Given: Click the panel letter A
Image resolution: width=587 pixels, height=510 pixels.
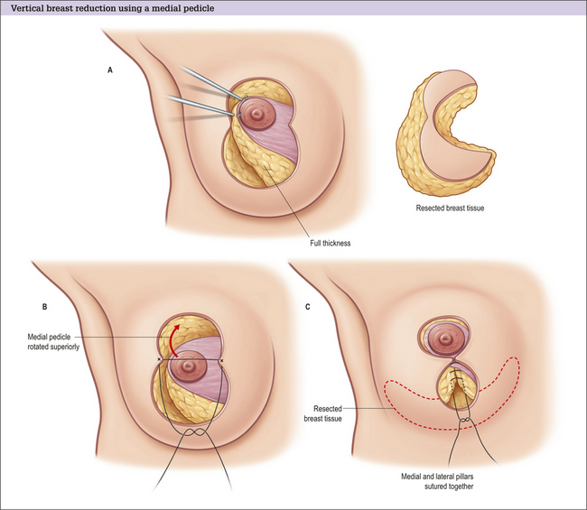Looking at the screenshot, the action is [x=110, y=70].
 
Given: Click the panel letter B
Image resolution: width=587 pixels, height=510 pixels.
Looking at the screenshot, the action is [x=44, y=307].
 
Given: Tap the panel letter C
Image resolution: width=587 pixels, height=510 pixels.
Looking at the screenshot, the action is [x=308, y=307].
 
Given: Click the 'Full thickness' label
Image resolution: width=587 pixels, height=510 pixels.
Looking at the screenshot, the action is [x=331, y=243].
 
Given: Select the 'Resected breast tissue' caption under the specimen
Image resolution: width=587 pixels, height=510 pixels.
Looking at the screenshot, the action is [x=450, y=208].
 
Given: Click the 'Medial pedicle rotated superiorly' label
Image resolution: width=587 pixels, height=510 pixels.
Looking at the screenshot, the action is [x=53, y=342].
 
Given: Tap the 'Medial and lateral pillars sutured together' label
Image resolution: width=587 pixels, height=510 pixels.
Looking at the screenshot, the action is [x=437, y=481].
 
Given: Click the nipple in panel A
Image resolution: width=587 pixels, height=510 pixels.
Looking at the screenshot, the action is [x=257, y=113].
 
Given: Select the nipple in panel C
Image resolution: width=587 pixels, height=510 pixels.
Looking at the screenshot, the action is [x=445, y=339].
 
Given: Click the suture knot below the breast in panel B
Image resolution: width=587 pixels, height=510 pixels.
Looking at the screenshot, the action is [x=194, y=432].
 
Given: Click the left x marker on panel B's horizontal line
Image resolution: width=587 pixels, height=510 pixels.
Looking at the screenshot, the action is [x=160, y=360].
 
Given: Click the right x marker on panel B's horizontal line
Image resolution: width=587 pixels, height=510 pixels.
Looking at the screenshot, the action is [x=222, y=361].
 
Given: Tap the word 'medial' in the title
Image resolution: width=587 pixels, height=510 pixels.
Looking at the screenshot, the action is [x=168, y=8].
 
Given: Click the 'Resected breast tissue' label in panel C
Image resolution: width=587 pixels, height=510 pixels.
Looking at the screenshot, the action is [x=322, y=413].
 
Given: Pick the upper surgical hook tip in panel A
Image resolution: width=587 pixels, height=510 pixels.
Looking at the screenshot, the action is [x=246, y=98].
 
